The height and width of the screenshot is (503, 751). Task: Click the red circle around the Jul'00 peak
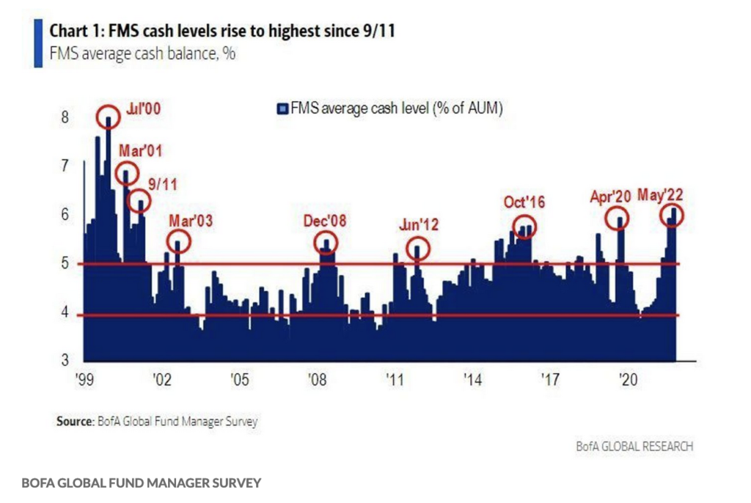(x=109, y=117)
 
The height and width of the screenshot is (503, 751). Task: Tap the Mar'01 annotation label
(x=141, y=152)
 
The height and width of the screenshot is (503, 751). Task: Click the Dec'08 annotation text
(x=325, y=220)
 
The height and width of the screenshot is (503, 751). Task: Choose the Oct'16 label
(x=524, y=203)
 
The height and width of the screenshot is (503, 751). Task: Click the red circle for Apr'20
(x=620, y=219)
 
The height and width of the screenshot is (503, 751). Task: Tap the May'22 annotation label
(x=660, y=195)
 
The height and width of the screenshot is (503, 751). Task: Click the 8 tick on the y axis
(x=65, y=117)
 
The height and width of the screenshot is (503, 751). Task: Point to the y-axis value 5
(x=65, y=264)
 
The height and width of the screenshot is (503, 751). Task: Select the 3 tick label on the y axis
(x=65, y=361)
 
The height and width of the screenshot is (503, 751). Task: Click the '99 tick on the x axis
(x=85, y=380)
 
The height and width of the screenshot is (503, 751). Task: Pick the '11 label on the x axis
(x=395, y=380)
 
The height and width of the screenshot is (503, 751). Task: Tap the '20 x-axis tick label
(x=628, y=380)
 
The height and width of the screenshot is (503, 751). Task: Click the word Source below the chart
(x=74, y=422)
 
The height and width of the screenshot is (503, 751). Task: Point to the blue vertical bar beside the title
(x=38, y=43)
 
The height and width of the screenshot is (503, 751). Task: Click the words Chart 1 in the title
(x=72, y=32)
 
